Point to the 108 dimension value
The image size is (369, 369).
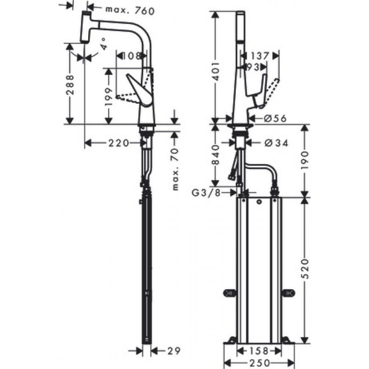[x=132, y=56]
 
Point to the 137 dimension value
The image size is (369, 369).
[x=259, y=55]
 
